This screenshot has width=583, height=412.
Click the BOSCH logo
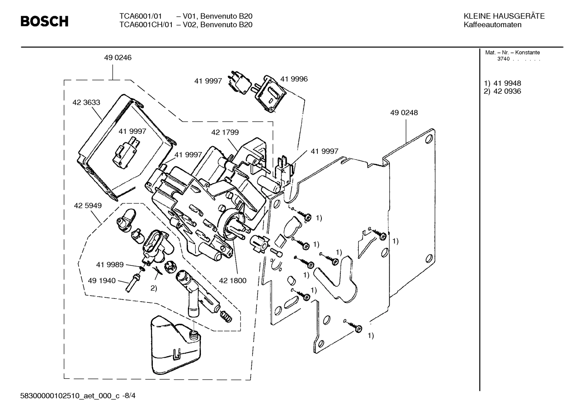[44, 21]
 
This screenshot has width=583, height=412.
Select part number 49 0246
[118, 58]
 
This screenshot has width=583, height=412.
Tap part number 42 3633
[86, 103]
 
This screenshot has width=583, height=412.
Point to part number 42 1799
[225, 132]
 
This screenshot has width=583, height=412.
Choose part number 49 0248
[404, 113]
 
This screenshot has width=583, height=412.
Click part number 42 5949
[88, 205]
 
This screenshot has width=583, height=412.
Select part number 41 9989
[110, 264]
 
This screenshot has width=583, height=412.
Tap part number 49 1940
[101, 281]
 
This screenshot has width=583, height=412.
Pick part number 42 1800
[232, 281]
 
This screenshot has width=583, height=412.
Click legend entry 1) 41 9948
[503, 83]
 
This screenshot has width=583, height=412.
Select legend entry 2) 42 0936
[503, 91]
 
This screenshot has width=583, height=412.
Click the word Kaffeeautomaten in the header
[492, 25]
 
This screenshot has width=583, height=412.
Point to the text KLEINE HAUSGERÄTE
[504, 16]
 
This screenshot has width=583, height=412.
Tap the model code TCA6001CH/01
[146, 25]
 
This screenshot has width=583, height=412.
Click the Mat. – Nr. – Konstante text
[512, 53]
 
